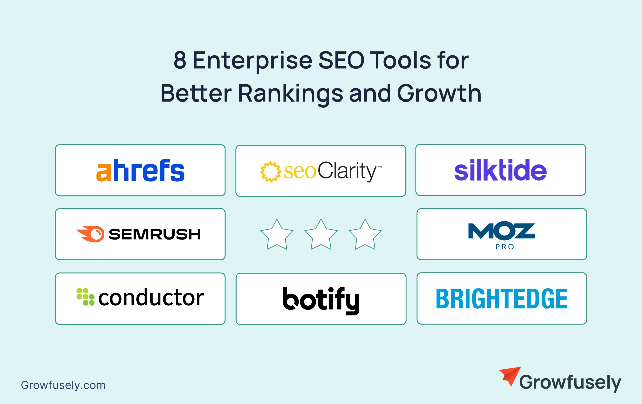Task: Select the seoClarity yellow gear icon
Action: click(270, 172)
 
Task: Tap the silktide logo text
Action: click(500, 170)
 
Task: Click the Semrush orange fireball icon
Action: click(91, 234)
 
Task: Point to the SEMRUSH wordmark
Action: click(155, 234)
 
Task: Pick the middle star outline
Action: click(321, 234)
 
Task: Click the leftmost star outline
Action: click(277, 234)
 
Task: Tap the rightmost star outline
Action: click(365, 234)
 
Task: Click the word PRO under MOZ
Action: click(505, 247)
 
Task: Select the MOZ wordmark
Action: click(502, 230)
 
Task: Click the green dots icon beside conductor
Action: click(85, 296)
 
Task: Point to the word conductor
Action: click(151, 297)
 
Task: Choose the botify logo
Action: click(321, 300)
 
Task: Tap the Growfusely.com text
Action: click(63, 385)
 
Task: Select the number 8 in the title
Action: click(180, 60)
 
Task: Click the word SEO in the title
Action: click(342, 60)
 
